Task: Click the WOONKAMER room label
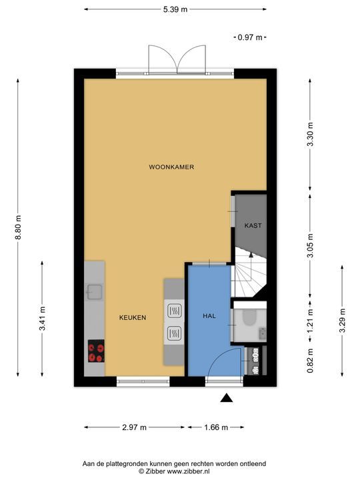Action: click(171, 167)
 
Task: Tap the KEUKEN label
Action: click(133, 318)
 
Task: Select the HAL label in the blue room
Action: click(209, 315)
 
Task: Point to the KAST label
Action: click(253, 225)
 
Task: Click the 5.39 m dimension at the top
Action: click(175, 9)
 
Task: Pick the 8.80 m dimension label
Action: click(18, 228)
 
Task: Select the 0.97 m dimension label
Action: click(250, 37)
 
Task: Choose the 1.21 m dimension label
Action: click(310, 321)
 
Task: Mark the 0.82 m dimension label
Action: click(310, 361)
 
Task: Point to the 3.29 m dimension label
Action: click(342, 321)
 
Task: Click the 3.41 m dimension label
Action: click(42, 319)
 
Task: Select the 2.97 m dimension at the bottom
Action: click(135, 427)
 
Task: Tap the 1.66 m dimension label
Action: click(216, 427)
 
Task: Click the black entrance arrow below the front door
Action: click(227, 398)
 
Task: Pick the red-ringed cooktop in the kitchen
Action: click(96, 351)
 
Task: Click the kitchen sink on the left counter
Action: click(95, 292)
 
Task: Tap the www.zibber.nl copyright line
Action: click(174, 471)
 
